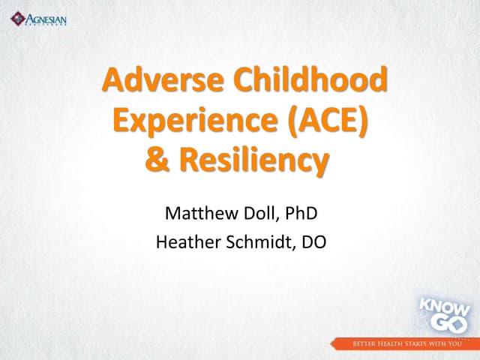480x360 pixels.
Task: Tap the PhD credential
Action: [x=301, y=214]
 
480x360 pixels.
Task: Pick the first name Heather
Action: [x=185, y=242]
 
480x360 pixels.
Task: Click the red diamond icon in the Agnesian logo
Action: [x=16, y=17]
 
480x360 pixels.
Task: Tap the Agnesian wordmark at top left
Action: [x=46, y=16]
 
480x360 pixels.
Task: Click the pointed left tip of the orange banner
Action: [x=329, y=344]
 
